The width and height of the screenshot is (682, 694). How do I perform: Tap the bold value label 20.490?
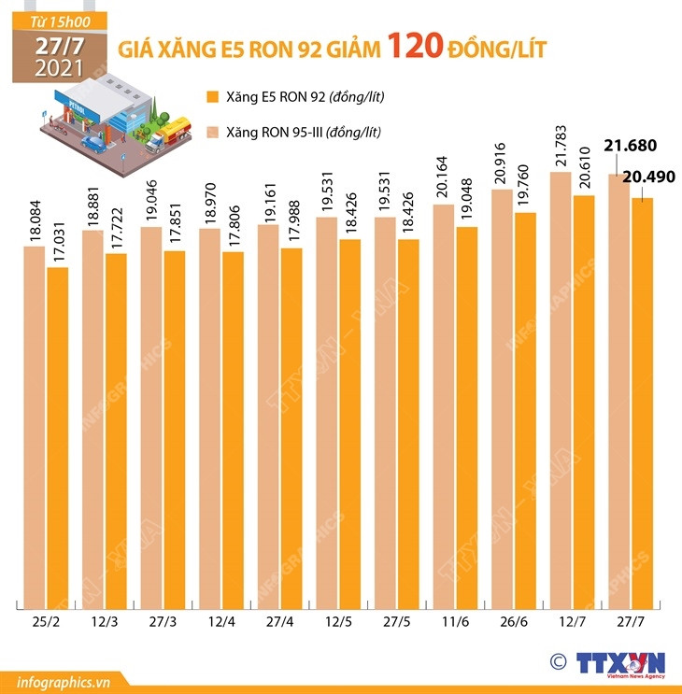(x=654, y=177)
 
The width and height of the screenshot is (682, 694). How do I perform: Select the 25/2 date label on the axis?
(x=45, y=620)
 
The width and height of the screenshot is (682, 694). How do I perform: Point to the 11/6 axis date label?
(x=455, y=620)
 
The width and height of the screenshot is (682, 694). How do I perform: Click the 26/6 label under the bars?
(x=513, y=620)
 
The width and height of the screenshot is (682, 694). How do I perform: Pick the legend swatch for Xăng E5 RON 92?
(x=212, y=96)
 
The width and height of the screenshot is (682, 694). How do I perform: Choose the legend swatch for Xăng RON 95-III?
(x=212, y=132)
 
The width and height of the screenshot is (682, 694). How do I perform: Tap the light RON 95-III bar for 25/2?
(x=34, y=420)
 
